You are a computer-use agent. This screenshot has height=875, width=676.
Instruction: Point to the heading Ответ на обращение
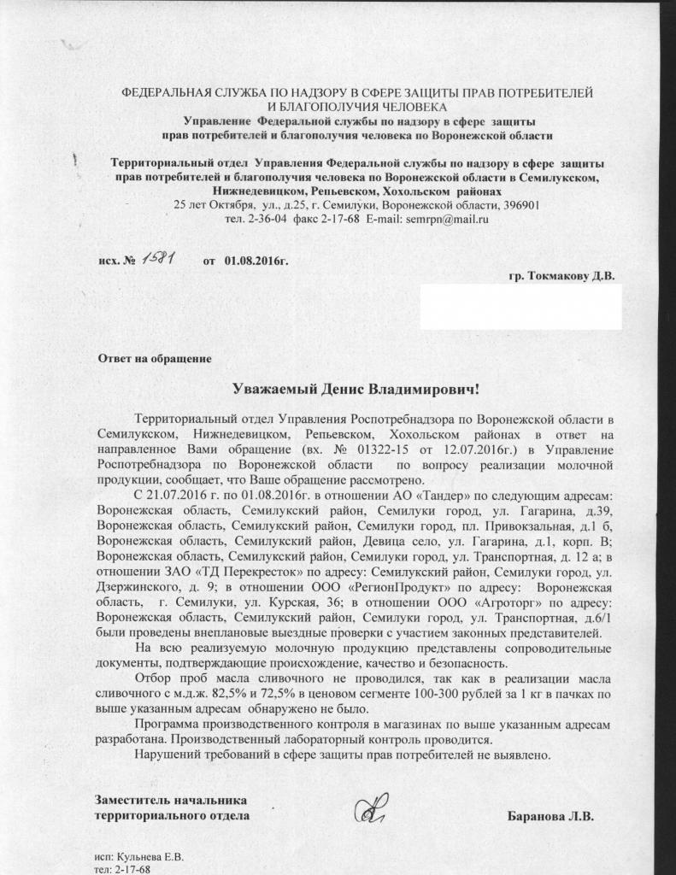coord(154,357)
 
